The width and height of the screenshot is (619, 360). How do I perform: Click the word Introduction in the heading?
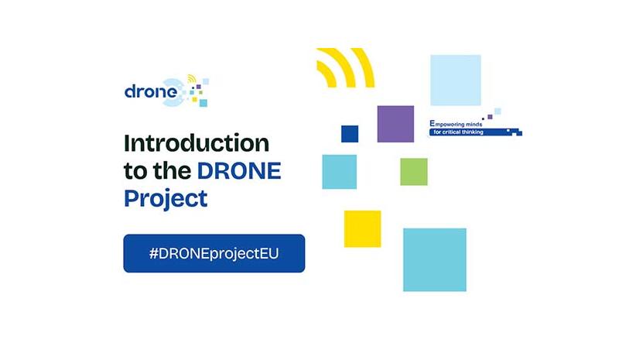(x=197, y=143)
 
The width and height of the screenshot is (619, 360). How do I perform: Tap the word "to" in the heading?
(x=135, y=171)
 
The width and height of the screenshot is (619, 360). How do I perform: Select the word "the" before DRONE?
(x=172, y=170)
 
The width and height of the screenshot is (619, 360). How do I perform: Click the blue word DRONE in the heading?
(x=239, y=171)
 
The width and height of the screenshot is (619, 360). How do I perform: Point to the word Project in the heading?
(x=166, y=199)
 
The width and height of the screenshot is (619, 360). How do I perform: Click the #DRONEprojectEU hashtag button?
(x=214, y=253)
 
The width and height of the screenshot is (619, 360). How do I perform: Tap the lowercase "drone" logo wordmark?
(x=150, y=91)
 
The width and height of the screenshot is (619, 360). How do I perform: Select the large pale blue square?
(x=456, y=81)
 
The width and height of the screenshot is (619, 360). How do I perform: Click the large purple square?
(x=395, y=124)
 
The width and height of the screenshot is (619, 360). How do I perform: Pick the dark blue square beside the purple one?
(x=350, y=134)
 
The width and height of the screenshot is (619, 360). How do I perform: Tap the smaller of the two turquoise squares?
(x=340, y=172)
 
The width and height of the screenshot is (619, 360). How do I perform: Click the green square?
(x=414, y=172)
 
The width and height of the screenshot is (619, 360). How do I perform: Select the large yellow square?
(x=362, y=229)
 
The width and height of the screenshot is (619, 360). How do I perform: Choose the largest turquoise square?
(x=435, y=259)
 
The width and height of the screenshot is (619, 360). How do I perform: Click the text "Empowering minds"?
(x=456, y=124)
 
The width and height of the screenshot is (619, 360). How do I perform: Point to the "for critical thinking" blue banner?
(x=476, y=132)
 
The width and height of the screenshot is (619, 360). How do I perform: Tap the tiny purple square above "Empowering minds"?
(x=490, y=117)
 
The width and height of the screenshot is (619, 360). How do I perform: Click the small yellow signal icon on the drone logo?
(x=192, y=79)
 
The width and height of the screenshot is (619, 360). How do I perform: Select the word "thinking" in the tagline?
(x=472, y=132)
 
